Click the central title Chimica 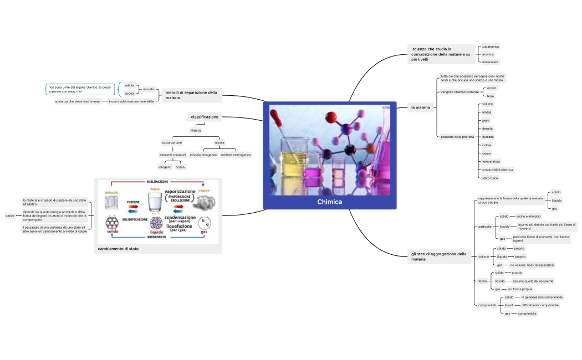(x=329, y=202)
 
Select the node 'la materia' (x=420, y=107)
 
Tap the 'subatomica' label (x=490, y=47)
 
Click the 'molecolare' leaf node (x=490, y=62)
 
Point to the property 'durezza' (x=488, y=136)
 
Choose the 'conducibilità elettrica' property (x=497, y=169)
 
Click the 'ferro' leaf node (x=490, y=96)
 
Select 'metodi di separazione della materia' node (x=191, y=95)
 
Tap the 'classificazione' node (x=205, y=117)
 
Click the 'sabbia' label (x=129, y=85)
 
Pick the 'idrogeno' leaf (x=165, y=167)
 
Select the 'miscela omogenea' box (x=203, y=155)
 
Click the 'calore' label (x=10, y=215)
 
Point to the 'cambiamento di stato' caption (x=118, y=249)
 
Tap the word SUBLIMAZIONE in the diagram (x=157, y=182)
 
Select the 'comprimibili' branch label (x=487, y=305)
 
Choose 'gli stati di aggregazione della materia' (x=438, y=256)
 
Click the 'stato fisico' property (x=490, y=178)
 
